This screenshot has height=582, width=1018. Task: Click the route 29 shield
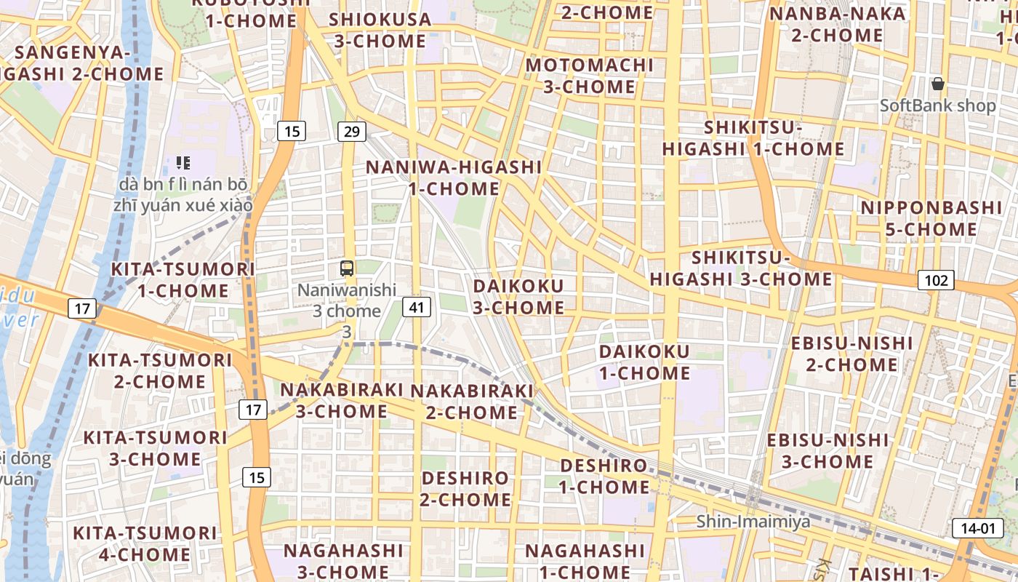tap(351, 132)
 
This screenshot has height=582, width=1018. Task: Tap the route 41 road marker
tap(416, 307)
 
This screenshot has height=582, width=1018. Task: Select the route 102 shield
tap(935, 280)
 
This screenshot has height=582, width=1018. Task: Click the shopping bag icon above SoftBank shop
tap(938, 84)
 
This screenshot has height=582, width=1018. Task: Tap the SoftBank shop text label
tap(937, 105)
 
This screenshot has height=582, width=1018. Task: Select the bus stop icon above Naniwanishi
tap(347, 268)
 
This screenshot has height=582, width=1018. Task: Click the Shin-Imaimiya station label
tap(753, 522)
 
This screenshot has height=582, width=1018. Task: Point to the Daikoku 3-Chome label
tap(518, 296)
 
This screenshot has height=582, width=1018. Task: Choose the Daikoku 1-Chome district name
tap(644, 362)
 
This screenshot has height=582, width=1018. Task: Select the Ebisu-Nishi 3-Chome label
tap(828, 450)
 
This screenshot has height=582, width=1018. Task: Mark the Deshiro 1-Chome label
tap(604, 476)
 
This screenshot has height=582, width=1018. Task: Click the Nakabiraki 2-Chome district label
tap(472, 402)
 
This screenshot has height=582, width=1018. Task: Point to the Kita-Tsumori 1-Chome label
tap(183, 280)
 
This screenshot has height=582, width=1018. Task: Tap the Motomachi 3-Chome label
tap(590, 76)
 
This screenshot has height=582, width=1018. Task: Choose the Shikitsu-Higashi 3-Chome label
tap(741, 268)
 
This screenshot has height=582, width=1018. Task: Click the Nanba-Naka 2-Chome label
tap(838, 24)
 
